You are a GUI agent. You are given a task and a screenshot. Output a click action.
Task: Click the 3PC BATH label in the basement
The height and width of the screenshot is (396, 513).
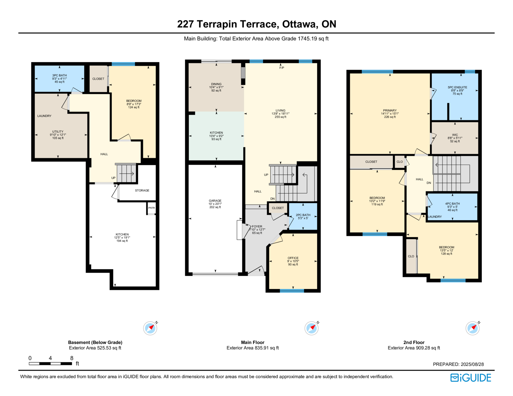pos(60,76)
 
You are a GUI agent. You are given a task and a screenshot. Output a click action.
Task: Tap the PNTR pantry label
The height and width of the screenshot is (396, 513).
pos(152,208)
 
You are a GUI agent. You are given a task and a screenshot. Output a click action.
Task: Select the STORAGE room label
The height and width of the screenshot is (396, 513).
pos(142,190)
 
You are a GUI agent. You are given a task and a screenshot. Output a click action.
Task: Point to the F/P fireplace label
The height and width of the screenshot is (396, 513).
pos(282,68)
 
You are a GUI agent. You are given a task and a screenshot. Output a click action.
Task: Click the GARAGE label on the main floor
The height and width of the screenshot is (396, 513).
pos(215,201)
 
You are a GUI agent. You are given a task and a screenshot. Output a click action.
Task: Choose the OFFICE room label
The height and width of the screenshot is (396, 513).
pos(293,258)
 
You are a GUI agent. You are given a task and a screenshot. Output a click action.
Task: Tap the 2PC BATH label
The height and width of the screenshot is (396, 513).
pos(303,215)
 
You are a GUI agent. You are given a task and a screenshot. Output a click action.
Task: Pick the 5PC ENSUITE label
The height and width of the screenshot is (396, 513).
pos(458,87)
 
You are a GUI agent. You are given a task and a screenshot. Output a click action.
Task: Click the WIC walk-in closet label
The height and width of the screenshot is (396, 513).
pos(455,135)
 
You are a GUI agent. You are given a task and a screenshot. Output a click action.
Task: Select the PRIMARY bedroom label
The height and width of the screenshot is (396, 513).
pos(390,111)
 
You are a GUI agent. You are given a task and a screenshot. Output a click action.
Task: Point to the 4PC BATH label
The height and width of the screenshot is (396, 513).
pos(453,203)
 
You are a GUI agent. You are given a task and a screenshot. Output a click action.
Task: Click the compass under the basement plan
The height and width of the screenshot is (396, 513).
pos(150,328)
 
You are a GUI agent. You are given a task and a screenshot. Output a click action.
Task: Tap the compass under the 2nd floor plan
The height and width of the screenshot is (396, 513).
pos(473,328)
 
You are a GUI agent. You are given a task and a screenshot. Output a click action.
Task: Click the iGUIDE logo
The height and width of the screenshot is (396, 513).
pos(470,378)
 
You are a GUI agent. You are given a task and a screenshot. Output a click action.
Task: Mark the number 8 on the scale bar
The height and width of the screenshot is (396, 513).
pos(72,358)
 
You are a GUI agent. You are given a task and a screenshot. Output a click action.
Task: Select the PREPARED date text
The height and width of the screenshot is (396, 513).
pos(458,364)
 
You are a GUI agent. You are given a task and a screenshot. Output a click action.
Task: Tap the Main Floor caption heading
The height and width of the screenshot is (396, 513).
pos(253,342)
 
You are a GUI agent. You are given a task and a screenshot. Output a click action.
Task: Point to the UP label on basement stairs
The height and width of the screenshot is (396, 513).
pos(114,178)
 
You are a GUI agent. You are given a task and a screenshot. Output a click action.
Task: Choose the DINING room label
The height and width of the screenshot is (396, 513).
pos(216,84)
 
